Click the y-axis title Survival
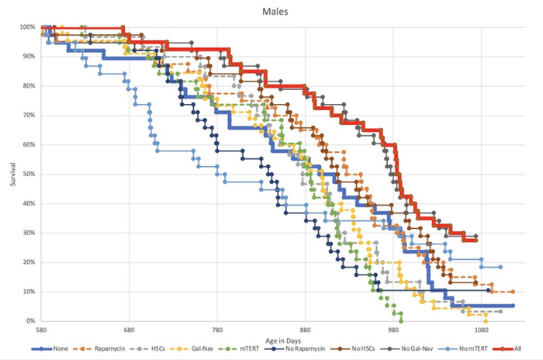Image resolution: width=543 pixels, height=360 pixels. click(x=10, y=174)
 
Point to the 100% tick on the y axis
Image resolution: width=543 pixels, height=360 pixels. click(x=27, y=28)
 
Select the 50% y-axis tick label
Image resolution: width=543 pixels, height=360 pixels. click(x=29, y=175)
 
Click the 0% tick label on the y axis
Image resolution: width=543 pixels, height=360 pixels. click(x=31, y=321)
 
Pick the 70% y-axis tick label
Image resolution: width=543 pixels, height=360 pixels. click(x=29, y=116)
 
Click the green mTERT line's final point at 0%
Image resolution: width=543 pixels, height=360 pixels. click(x=401, y=320)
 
